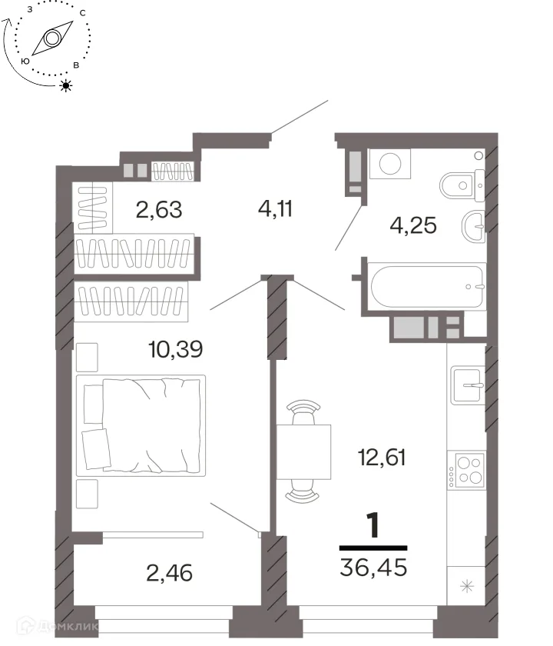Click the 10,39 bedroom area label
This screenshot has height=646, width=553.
tap(176, 349)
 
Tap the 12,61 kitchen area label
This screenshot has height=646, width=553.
tap(382, 458)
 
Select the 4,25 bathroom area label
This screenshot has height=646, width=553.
tap(413, 226)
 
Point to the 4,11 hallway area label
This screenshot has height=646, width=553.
tap(275, 209)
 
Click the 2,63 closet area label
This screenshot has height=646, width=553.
tap(159, 210)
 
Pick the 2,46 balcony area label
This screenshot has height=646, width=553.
tap(169, 573)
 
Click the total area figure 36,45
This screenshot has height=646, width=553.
tap(373, 567)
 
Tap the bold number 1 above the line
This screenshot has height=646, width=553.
tap(373, 526)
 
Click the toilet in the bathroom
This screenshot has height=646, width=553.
tap(463, 185)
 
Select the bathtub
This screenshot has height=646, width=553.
tap(427, 286)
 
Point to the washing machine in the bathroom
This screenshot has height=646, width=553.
tap(390, 164)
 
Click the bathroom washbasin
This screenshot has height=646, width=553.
tap(474, 226)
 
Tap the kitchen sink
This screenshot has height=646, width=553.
tap(468, 385)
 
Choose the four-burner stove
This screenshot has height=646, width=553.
tap(467, 471)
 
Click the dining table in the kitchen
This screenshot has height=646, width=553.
tap(303, 452)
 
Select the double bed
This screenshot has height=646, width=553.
tap(141, 425)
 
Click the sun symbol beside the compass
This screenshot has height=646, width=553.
tap(66, 85)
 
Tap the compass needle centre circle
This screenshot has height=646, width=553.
tap(52, 38)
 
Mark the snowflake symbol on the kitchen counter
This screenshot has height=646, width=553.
tap(467, 586)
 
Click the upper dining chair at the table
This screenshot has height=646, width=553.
tap(303, 411)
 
